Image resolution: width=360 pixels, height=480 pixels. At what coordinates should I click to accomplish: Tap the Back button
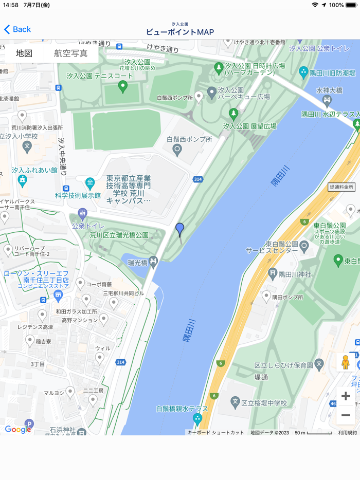pos(17,29)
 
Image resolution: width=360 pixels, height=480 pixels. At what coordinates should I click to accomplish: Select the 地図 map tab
pos(24,53)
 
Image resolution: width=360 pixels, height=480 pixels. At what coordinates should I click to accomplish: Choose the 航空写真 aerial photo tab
pos(70,53)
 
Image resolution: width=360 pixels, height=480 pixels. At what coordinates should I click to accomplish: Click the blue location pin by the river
pos(179,229)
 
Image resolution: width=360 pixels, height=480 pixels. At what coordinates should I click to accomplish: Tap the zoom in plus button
pos(346,396)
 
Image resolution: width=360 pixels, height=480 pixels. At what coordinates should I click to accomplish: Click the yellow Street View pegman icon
pos(346,362)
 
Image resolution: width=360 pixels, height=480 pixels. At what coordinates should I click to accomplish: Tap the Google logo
pos(18,430)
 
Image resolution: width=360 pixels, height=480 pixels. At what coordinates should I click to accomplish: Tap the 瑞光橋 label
pos(137,263)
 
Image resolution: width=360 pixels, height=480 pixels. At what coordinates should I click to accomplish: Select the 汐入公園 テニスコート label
pos(100,76)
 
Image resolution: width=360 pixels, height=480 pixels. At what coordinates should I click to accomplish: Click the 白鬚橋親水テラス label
pos(182,409)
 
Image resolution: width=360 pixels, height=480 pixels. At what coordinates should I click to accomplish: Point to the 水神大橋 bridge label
pos(329,90)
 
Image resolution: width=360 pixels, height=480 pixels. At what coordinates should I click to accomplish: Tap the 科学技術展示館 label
pos(78,195)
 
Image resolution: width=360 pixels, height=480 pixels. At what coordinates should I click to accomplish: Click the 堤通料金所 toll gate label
pos(341,188)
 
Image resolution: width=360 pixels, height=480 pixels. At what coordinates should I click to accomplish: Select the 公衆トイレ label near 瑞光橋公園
pos(88,226)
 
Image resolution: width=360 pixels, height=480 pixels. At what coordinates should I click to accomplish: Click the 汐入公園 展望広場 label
pos(249,126)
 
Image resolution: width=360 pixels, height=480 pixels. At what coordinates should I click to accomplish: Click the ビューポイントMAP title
pos(180,32)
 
